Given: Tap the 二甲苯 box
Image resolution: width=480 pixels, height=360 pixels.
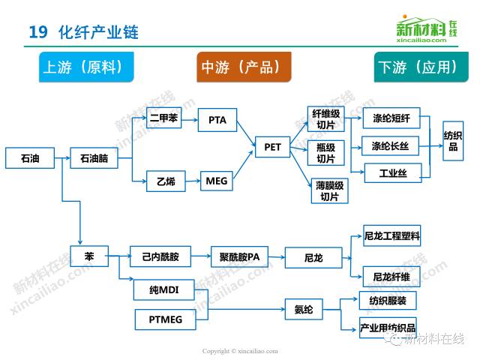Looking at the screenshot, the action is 163,118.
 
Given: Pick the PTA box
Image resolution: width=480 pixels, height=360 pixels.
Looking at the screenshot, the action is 217,120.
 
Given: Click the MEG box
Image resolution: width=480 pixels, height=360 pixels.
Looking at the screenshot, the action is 217,180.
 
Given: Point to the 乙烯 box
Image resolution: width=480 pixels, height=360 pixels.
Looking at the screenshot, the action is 166,180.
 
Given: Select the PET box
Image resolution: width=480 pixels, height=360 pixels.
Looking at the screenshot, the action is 273,147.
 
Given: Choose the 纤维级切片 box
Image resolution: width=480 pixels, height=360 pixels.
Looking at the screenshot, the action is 326,119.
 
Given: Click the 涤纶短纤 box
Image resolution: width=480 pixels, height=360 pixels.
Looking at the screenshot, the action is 391,118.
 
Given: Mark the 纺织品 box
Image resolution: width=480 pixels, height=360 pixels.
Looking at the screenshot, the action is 452,141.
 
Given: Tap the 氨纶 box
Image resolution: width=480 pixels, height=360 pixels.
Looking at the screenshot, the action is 304,309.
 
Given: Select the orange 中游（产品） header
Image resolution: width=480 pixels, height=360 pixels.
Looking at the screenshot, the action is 243,67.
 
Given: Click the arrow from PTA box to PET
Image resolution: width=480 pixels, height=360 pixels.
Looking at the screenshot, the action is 244,133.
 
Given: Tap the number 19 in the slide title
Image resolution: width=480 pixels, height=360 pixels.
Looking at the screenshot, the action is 37,32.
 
